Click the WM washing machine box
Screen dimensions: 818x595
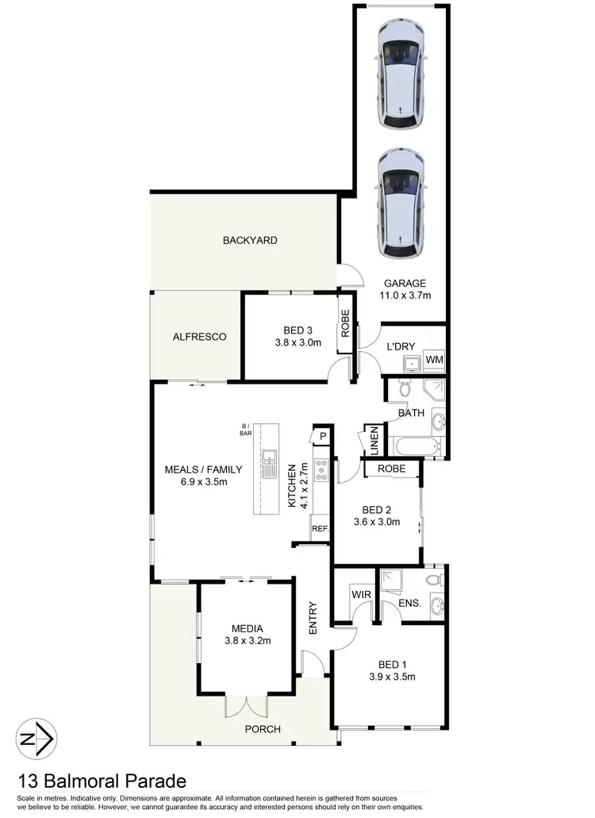434,360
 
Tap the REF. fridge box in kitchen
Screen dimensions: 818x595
321,528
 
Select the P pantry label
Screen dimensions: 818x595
323,436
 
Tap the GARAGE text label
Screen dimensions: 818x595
405,284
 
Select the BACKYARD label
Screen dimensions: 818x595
250,240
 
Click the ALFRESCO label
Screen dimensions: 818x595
199,337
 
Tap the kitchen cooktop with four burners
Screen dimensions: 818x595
321,470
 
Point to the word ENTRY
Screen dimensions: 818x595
313,619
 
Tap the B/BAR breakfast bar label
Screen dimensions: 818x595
246,431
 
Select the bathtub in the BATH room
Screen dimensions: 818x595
413,446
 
